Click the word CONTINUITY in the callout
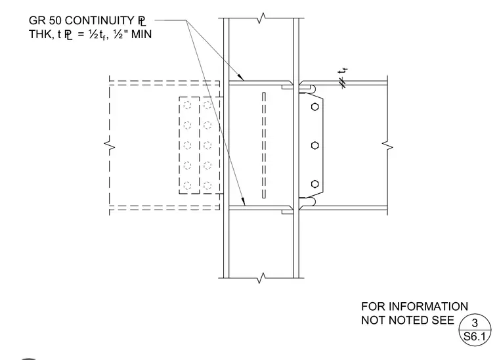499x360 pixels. [x=99, y=20]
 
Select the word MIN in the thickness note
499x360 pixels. [x=141, y=34]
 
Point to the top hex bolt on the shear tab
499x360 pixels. [x=315, y=106]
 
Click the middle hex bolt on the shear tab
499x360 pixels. [x=315, y=145]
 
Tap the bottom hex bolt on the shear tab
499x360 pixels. [x=315, y=184]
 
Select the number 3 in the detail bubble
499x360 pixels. [x=475, y=323]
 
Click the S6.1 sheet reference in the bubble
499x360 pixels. [x=475, y=336]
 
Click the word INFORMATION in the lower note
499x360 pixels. [x=428, y=307]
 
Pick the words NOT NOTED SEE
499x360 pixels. [x=408, y=320]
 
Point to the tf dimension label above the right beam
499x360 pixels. [x=343, y=72]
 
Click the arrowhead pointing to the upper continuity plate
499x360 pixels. [x=240, y=78]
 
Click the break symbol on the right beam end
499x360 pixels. [x=387, y=146]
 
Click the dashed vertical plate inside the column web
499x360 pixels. [x=264, y=145]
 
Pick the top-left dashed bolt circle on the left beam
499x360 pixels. [x=187, y=104]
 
